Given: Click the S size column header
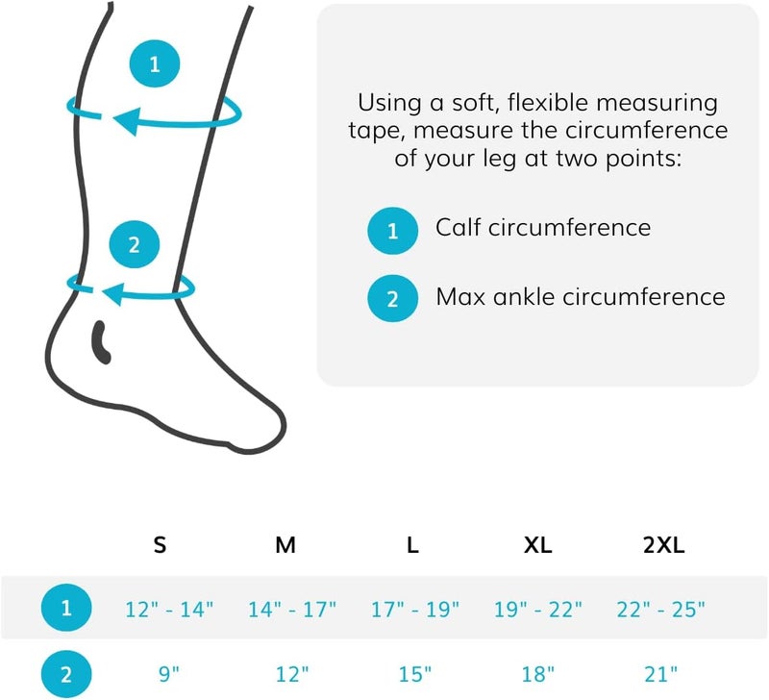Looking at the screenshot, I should pyautogui.click(x=160, y=546).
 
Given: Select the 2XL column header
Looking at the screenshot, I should pyautogui.click(x=662, y=546).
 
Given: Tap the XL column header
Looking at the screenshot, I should pyautogui.click(x=537, y=546).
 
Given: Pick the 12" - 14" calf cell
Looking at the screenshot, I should pyautogui.click(x=169, y=609).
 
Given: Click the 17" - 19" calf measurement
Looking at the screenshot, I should pyautogui.click(x=414, y=609).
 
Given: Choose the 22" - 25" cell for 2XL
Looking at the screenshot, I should pyautogui.click(x=661, y=609).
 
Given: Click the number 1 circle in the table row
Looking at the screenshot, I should pyautogui.click(x=66, y=609).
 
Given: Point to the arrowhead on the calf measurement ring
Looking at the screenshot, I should pyautogui.click(x=123, y=120).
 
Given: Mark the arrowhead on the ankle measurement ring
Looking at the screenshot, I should pyautogui.click(x=112, y=292).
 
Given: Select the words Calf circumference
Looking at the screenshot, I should pyautogui.click(x=543, y=228).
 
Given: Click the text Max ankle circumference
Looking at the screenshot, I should pyautogui.click(x=581, y=296).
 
